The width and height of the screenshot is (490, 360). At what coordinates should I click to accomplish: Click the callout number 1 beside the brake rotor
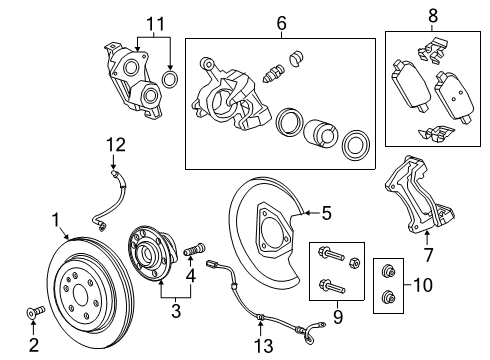click(x=57, y=217)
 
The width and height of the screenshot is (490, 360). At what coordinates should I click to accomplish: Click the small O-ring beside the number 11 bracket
click(x=171, y=77)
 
